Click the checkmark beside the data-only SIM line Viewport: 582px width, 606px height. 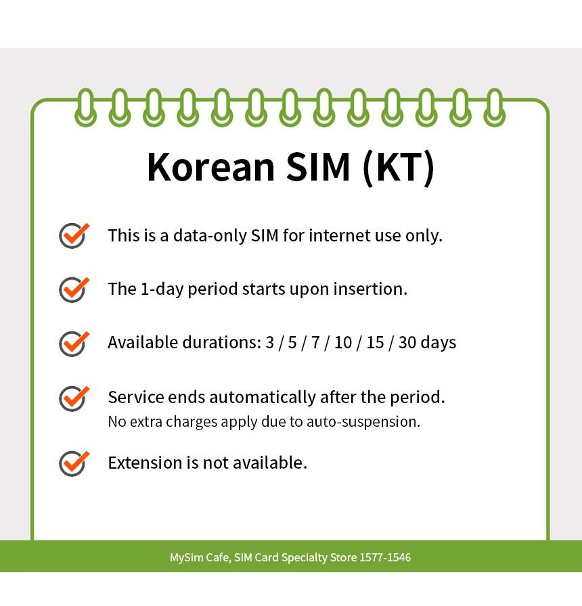coord(74,235)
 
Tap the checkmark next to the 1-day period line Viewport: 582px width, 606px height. coord(74,289)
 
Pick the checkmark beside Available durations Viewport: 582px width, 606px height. coord(74,342)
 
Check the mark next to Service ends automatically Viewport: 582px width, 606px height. coord(74,397)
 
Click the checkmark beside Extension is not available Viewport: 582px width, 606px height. coord(74,463)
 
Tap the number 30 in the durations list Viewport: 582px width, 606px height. coord(407,342)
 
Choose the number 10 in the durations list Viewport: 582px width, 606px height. coord(343,342)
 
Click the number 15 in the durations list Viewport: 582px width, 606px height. coord(375,342)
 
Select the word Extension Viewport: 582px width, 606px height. coord(145,463)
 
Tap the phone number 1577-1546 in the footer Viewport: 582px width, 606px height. coord(386,558)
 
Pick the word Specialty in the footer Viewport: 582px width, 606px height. coord(304,558)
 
